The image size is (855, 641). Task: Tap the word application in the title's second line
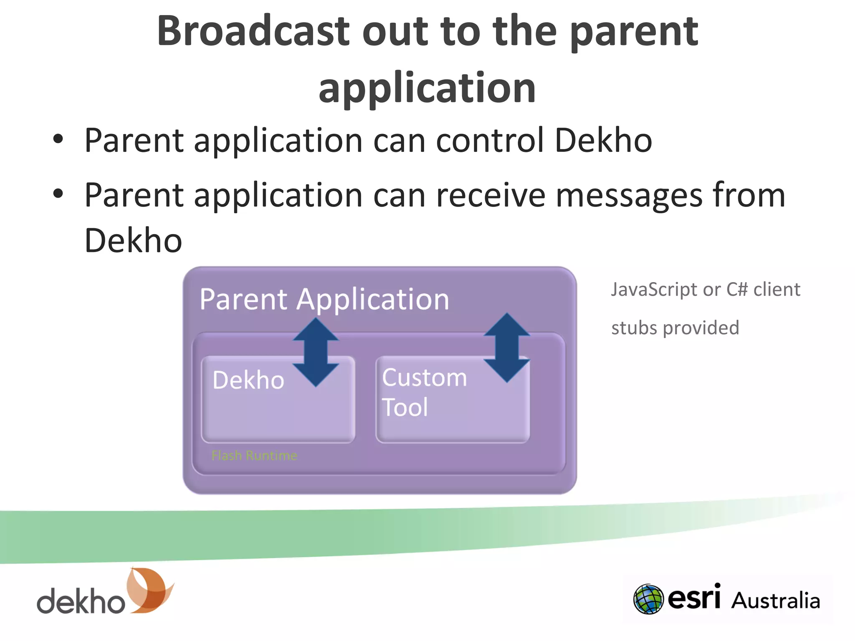[x=427, y=88]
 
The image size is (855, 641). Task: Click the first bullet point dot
[x=58, y=139]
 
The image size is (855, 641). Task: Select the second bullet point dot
[x=58, y=194]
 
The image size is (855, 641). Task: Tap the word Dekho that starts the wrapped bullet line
[x=133, y=241]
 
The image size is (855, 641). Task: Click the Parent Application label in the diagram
[x=324, y=299]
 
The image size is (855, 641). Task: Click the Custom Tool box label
[x=424, y=392]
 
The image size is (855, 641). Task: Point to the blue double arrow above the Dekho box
[x=316, y=352]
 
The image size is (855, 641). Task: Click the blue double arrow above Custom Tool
[x=507, y=347]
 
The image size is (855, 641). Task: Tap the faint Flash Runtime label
[x=254, y=455]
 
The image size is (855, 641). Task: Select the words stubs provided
[x=675, y=328]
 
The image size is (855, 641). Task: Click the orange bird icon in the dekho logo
[x=149, y=590]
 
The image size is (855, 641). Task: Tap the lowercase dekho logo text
[x=81, y=601]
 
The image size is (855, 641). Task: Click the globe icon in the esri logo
[x=648, y=599]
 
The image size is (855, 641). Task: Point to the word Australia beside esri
[x=775, y=601]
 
